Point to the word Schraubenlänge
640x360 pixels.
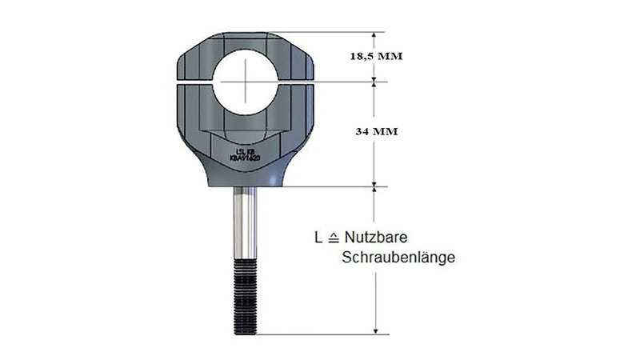[398, 258]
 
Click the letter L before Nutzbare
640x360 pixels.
[318, 238]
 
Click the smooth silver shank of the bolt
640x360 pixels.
[245, 228]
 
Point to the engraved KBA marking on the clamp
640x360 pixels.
[245, 158]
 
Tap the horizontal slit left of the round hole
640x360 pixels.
[192, 81]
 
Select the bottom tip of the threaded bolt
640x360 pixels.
[245, 334]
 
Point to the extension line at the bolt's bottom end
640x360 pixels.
[320, 334]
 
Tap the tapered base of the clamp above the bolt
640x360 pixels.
[245, 176]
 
